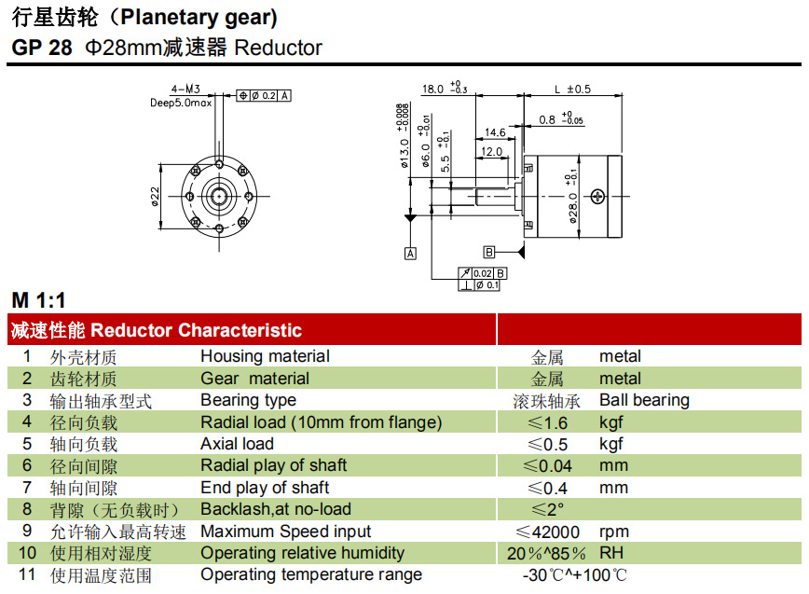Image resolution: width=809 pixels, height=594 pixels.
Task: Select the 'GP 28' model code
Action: [x=42, y=48]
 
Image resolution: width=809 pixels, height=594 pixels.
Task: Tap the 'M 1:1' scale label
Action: [x=39, y=300]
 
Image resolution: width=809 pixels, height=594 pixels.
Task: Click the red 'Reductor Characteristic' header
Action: [x=196, y=330]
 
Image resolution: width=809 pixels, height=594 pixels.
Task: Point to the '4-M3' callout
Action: [x=199, y=91]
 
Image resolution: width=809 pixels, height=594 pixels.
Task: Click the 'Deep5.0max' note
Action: [x=182, y=104]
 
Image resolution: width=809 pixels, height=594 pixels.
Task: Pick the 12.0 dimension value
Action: [x=491, y=151]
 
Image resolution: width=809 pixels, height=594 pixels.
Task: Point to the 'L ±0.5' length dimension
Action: [x=572, y=90]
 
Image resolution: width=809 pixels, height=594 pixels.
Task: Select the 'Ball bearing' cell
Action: [x=644, y=400]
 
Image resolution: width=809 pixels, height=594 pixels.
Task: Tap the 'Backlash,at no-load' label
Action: [x=276, y=509]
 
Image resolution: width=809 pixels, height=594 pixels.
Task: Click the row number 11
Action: [x=27, y=574]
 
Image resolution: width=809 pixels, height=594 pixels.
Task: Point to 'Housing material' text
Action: [x=265, y=356]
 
